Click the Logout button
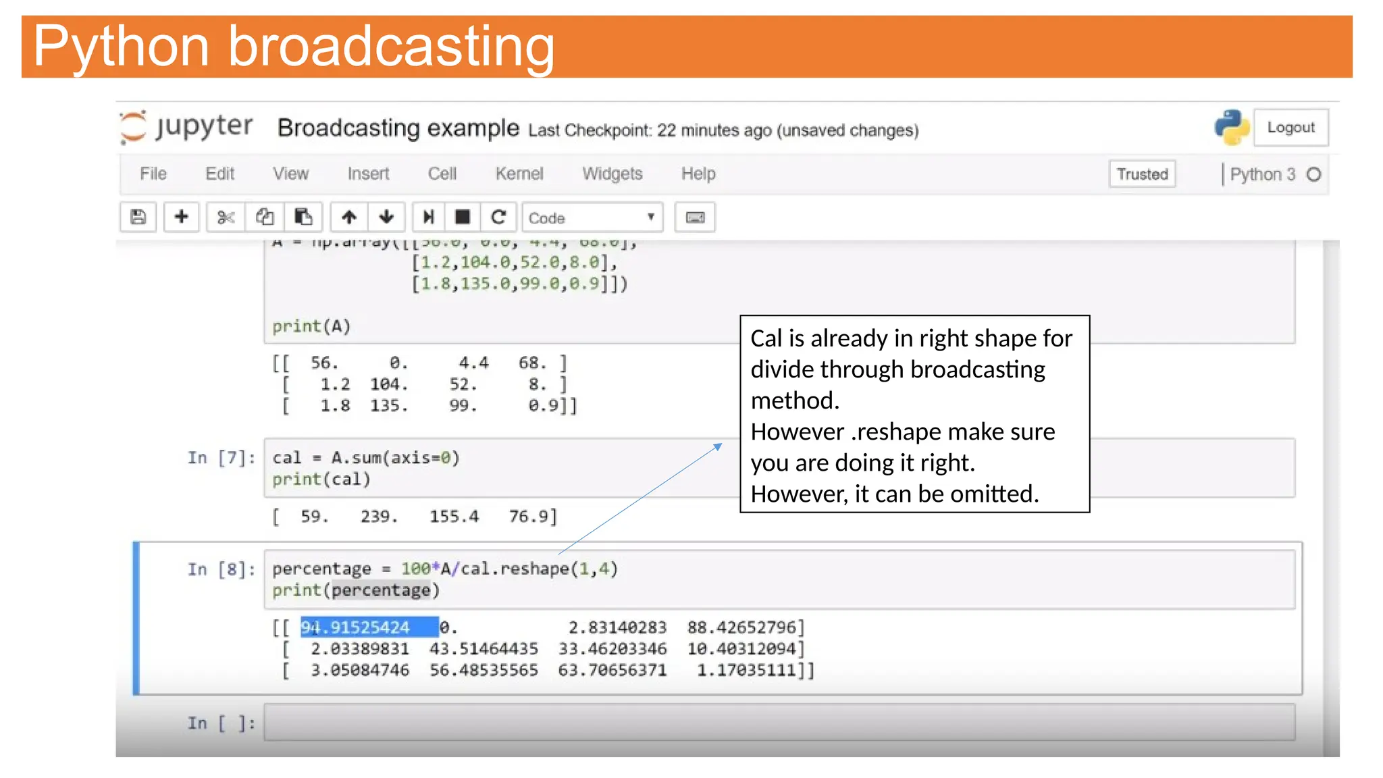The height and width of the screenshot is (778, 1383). tap(1290, 128)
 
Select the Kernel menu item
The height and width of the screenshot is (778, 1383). tap(519, 174)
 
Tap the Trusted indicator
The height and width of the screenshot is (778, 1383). tap(1141, 174)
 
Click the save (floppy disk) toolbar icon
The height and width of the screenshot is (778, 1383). tap(138, 217)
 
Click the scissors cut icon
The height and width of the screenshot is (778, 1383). tap(226, 217)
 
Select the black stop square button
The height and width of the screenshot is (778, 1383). tap(463, 217)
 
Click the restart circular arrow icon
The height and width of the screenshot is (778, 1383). tap(498, 217)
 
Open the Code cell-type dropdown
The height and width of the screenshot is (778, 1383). tap(592, 217)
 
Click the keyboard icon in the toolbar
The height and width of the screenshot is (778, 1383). tap(695, 217)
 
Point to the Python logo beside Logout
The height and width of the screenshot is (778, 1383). tap(1231, 127)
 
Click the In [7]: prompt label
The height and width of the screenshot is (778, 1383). tap(221, 458)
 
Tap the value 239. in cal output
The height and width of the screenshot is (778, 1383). tap(378, 517)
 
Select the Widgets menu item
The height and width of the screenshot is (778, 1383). tap(612, 174)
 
